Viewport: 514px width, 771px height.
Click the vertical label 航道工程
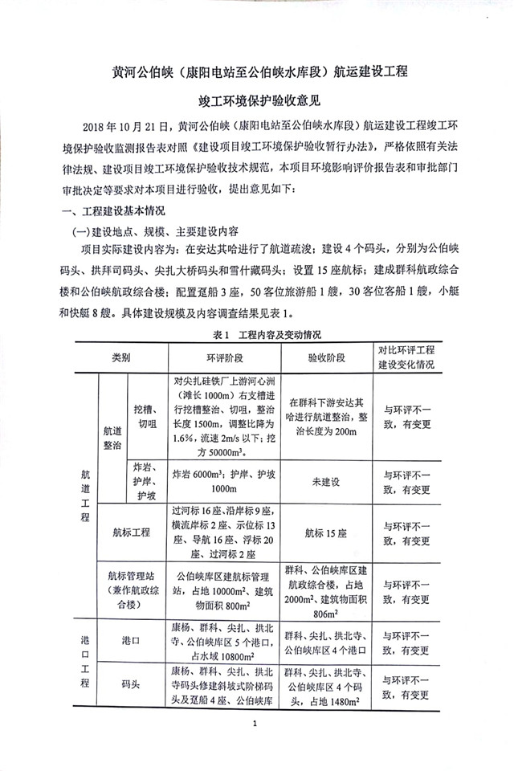pos(86,496)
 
